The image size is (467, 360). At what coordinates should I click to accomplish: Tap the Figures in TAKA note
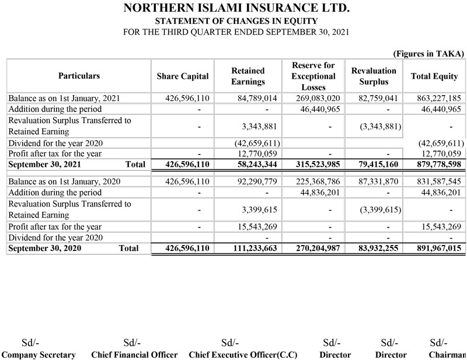[x=428, y=53]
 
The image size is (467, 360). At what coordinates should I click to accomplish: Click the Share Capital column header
[x=182, y=76]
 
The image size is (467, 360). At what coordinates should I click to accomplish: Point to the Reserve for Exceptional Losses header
[x=313, y=76]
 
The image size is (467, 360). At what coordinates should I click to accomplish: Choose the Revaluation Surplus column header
[x=374, y=76]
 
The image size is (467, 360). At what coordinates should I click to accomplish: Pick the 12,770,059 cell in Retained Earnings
[x=245, y=153]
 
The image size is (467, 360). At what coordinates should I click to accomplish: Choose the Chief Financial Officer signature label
[x=134, y=355]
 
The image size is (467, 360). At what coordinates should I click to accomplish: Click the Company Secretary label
[x=39, y=355]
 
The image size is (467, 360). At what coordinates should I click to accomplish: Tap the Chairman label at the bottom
[x=447, y=355]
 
